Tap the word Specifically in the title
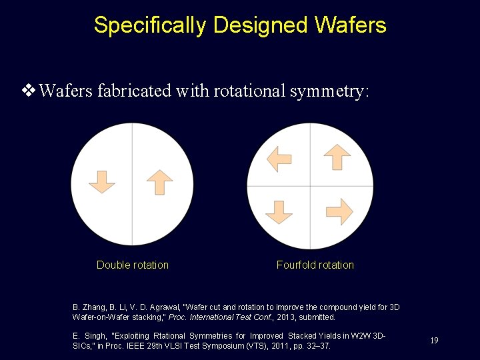pyautogui.click(x=150, y=25)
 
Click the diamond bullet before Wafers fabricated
pyautogui.click(x=29, y=91)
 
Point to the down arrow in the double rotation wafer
pyautogui.click(x=102, y=182)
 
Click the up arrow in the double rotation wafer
pyautogui.click(x=159, y=182)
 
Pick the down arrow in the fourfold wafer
pyautogui.click(x=279, y=211)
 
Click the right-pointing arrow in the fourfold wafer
pyautogui.click(x=339, y=211)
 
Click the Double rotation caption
pyautogui.click(x=133, y=265)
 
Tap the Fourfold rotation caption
pyautogui.click(x=315, y=265)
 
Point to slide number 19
pyautogui.click(x=434, y=341)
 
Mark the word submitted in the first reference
pyautogui.click(x=319, y=317)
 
